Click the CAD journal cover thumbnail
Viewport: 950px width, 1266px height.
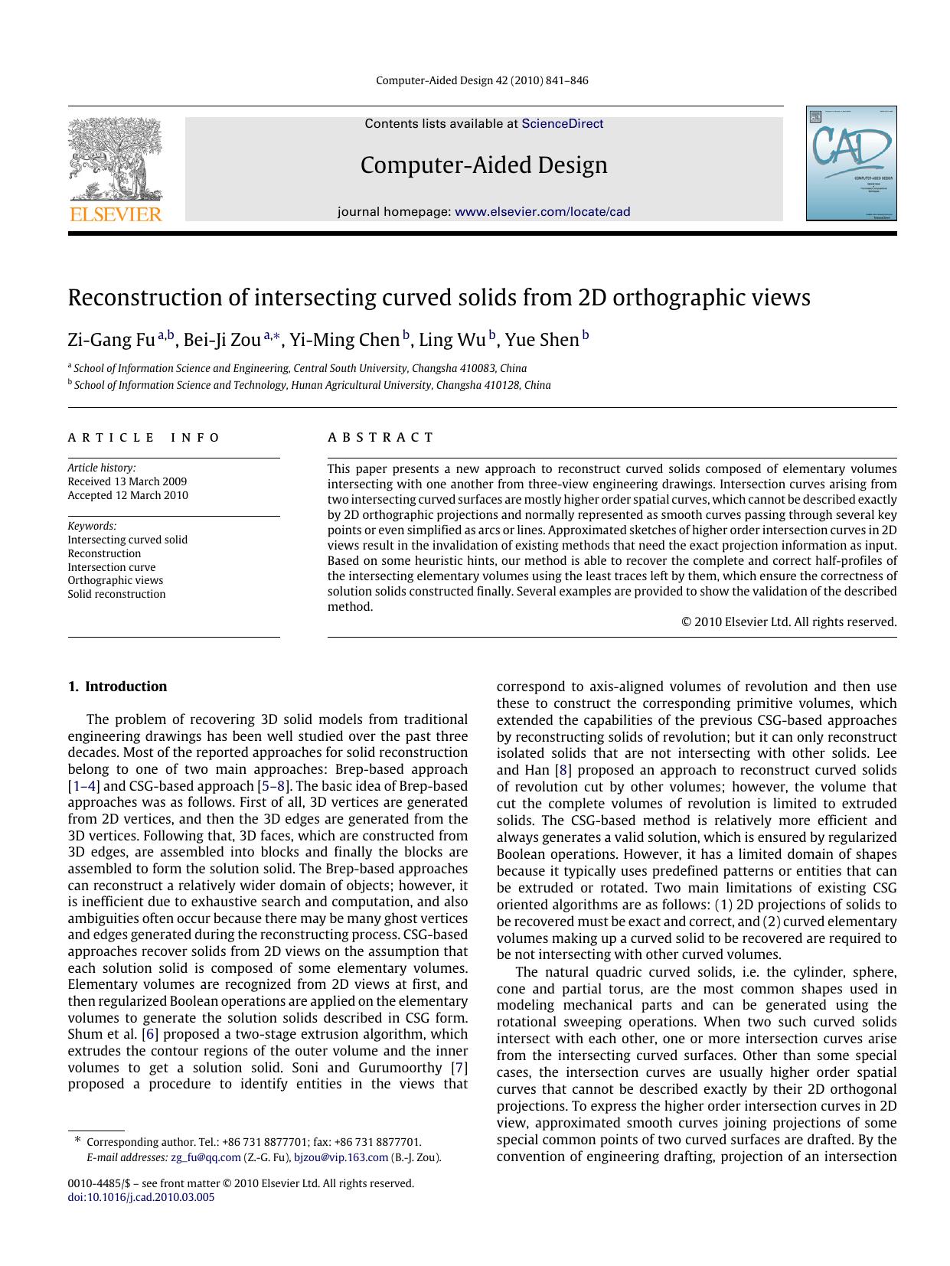click(x=850, y=164)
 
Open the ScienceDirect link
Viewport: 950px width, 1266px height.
click(x=562, y=124)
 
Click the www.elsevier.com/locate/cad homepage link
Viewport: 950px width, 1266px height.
click(x=542, y=212)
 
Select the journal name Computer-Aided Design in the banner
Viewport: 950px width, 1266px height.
click(x=484, y=165)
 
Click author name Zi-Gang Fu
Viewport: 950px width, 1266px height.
click(x=111, y=340)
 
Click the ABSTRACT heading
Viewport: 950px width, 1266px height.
click(x=380, y=438)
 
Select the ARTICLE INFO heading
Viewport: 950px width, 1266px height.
click(x=144, y=438)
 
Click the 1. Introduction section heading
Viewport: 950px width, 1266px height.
click(x=117, y=687)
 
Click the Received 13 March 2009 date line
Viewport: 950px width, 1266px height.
click(x=127, y=481)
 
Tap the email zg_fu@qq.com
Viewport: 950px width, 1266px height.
click(x=205, y=1157)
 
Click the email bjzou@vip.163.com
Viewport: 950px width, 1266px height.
click(x=341, y=1157)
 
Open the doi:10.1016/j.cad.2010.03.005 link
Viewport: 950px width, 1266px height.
click(x=141, y=1197)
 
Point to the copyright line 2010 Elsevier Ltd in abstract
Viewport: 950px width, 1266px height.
click(x=788, y=622)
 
